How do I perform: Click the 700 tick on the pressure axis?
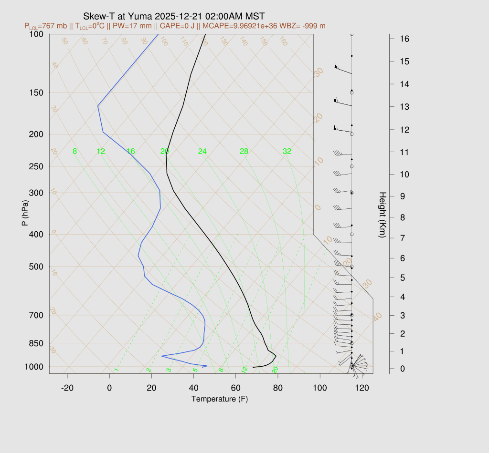tap(36, 315)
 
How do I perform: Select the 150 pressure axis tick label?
tap(36, 93)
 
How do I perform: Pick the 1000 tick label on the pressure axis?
tap(34, 367)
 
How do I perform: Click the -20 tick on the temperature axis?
tap(67, 388)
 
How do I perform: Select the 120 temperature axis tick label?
tap(362, 388)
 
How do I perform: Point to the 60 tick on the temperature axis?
tap(235, 388)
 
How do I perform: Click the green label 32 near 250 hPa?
tap(287, 152)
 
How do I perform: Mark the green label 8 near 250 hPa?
tap(74, 152)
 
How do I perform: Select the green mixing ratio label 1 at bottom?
tap(116, 370)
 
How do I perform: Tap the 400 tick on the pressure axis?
tap(36, 234)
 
